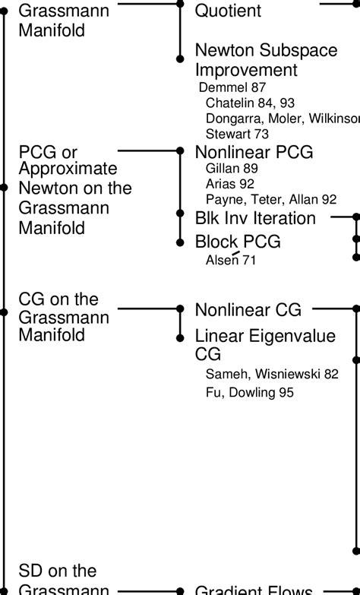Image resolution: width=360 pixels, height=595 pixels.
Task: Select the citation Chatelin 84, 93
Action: [x=250, y=103]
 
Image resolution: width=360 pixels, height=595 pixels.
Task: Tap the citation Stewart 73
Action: [x=238, y=133]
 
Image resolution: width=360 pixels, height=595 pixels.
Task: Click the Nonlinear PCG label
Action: [x=254, y=152]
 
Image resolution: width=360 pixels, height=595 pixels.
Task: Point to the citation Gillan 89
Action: [x=232, y=169]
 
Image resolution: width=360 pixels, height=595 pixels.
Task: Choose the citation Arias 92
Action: [x=229, y=184]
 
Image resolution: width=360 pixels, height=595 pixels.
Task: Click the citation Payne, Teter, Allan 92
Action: [x=271, y=200]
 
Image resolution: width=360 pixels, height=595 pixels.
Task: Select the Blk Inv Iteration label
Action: [x=255, y=219]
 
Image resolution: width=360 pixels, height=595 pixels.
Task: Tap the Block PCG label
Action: [x=238, y=242]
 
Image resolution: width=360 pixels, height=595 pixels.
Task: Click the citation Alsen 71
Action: [x=231, y=261]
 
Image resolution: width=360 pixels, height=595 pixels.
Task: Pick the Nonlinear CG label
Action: [x=248, y=309]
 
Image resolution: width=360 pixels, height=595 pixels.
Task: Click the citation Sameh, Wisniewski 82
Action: [x=272, y=373]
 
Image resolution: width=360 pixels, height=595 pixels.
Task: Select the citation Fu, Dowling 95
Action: [x=249, y=393]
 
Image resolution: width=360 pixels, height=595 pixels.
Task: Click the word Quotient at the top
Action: [x=228, y=11]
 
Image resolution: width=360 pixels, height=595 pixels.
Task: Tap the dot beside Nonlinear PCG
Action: [x=180, y=151]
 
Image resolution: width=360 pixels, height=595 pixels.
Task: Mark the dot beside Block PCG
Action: [x=180, y=242]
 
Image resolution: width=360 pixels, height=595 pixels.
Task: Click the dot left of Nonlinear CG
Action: [x=180, y=309]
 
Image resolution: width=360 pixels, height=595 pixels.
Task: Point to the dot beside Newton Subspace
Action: [x=180, y=59]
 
